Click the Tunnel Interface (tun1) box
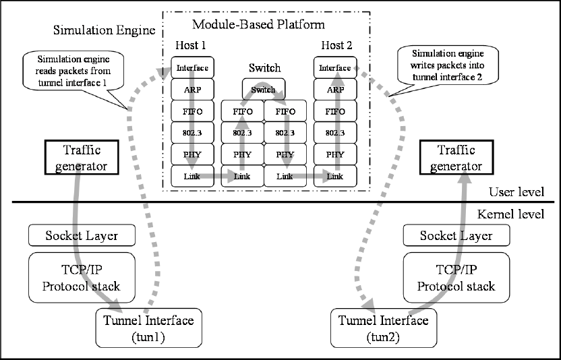tap(149, 328)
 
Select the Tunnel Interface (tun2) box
tap(384, 328)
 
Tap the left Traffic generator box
tap(82, 158)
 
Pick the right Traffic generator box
tap(456, 158)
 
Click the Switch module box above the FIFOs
tap(264, 89)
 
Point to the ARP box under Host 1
tap(192, 90)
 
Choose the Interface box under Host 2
tap(335, 67)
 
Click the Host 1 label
tap(191, 45)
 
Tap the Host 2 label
tap(336, 45)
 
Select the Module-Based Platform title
tap(259, 24)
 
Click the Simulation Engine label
tap(104, 30)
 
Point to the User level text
tap(516, 192)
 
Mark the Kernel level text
tap(511, 214)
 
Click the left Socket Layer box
tap(82, 235)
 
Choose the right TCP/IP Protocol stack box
tap(456, 278)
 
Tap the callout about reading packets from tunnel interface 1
tap(73, 71)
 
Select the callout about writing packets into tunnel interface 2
tap(448, 65)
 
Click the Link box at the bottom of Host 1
tap(192, 176)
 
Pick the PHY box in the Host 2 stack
tap(335, 154)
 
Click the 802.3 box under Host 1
tap(192, 133)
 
